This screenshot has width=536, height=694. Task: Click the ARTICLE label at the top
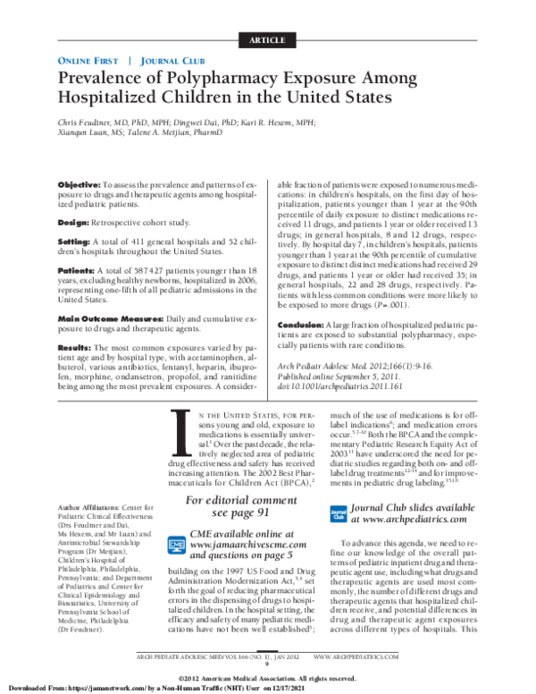coord(267,42)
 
